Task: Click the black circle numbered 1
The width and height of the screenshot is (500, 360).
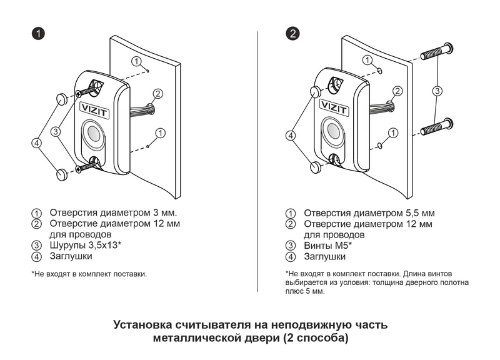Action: (x=37, y=34)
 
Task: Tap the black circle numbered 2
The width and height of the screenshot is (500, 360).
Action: (x=292, y=34)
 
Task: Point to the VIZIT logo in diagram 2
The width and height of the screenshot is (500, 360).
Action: (x=332, y=106)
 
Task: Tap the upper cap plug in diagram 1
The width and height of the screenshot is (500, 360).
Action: (x=62, y=98)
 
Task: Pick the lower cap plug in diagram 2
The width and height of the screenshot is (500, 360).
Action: (x=316, y=167)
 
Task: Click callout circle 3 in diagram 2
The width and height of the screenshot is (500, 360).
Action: (x=437, y=91)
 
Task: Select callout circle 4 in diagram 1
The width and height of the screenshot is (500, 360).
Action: (x=36, y=142)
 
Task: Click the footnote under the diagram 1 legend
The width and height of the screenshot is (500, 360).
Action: (x=89, y=274)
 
